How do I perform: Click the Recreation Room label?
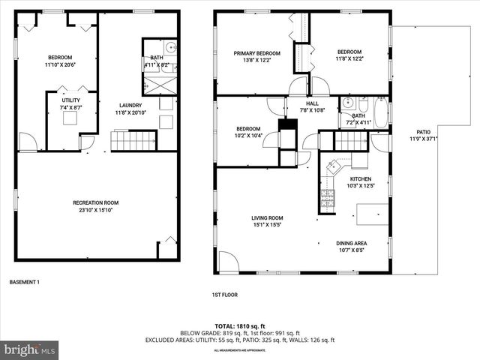coord(96,202)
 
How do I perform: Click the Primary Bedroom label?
coord(256,53)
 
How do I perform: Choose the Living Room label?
coord(266,218)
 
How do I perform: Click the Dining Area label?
coord(351,243)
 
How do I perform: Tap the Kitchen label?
coord(360,179)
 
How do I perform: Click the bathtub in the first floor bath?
coord(380,113)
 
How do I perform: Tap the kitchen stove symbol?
coord(328,197)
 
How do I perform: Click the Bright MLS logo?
coord(30,349)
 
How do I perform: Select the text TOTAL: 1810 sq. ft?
coord(239,326)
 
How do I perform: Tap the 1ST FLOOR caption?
coord(225,295)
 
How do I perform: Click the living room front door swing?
coord(228,262)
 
